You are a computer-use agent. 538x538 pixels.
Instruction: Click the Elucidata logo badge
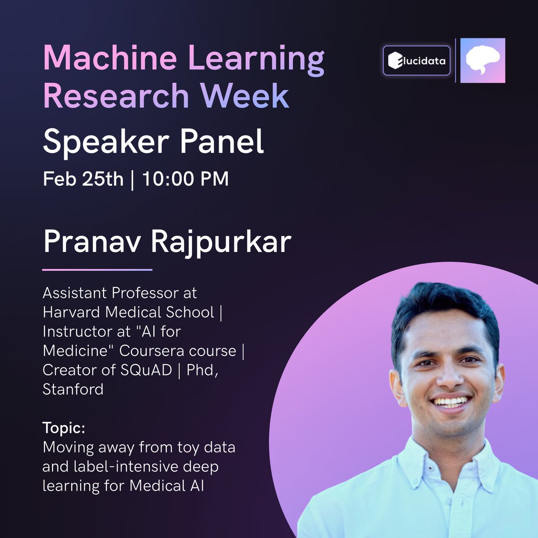(x=417, y=60)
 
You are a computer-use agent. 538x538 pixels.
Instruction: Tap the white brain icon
(x=482, y=61)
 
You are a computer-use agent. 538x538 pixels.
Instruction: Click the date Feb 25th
(x=83, y=179)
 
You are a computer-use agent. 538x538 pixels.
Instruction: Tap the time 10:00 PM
(x=186, y=179)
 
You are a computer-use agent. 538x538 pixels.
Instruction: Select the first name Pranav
(x=92, y=242)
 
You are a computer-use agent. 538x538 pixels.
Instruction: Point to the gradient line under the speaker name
(x=97, y=270)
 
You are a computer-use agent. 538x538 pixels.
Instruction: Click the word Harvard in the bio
(x=72, y=312)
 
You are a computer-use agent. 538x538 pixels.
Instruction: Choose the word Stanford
(x=73, y=389)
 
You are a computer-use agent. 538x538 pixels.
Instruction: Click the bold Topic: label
(x=64, y=428)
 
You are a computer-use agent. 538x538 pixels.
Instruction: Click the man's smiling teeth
(x=450, y=401)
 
